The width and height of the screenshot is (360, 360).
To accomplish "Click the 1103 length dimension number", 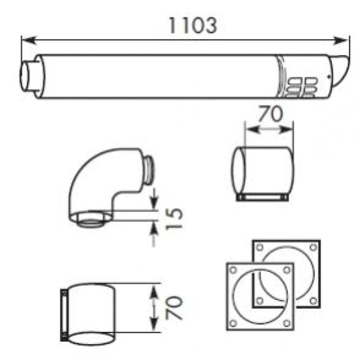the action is click(193, 26).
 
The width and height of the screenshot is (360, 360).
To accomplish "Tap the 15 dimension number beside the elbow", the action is click(174, 218).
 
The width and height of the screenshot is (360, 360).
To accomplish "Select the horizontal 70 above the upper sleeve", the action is click(270, 114).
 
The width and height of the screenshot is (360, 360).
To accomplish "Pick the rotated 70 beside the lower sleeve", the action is click(174, 307).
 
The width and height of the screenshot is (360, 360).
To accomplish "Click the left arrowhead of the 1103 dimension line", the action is click(29, 41).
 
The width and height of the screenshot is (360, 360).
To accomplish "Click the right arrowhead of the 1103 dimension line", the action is click(342, 41).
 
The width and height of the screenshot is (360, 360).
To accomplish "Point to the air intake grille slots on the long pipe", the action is click(302, 86).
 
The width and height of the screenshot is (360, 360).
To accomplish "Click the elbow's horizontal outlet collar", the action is click(148, 170).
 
